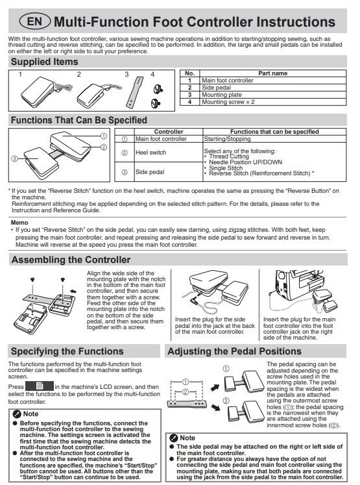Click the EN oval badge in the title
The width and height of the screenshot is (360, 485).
click(x=35, y=21)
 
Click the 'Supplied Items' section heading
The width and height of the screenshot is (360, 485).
click(x=45, y=62)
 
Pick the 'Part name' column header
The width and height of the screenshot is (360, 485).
click(x=272, y=73)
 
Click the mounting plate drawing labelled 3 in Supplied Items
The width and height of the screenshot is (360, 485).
click(x=135, y=92)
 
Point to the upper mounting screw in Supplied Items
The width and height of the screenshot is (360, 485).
click(x=158, y=90)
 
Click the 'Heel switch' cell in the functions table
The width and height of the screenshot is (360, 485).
click(x=150, y=153)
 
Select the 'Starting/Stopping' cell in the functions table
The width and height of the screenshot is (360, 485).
click(x=227, y=139)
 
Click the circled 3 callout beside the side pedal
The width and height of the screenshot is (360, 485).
click(x=14, y=158)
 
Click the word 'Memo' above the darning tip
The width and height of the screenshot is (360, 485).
click(x=19, y=223)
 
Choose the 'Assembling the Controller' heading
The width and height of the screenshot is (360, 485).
click(x=71, y=260)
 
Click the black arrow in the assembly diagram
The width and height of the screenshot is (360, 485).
click(x=73, y=291)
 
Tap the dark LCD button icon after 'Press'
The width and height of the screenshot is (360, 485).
click(x=40, y=386)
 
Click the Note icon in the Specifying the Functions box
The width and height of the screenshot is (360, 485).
click(x=17, y=414)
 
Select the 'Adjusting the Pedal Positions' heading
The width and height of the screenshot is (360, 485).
click(x=235, y=351)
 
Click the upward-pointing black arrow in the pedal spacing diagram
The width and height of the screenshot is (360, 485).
click(x=215, y=387)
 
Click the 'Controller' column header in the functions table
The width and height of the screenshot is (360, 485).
click(x=169, y=131)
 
